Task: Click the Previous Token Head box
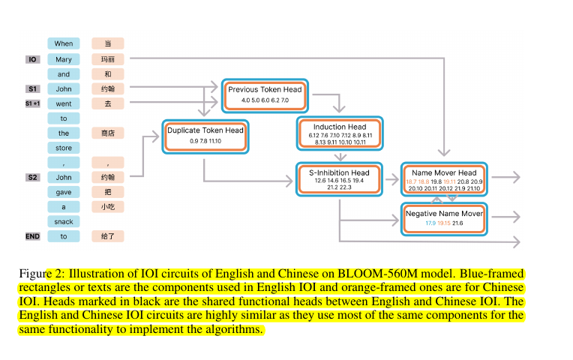(265, 94)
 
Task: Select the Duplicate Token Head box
(205, 135)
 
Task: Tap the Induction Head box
(340, 133)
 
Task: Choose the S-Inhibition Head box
(340, 179)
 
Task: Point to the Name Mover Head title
(444, 173)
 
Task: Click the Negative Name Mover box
(444, 217)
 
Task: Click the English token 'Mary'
(64, 59)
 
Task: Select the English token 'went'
(64, 103)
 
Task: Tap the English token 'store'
(64, 148)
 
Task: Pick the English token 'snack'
(64, 221)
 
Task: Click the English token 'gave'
(64, 192)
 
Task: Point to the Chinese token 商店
(108, 133)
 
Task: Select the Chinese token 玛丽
(108, 59)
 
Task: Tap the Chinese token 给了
(108, 236)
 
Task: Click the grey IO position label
(32, 59)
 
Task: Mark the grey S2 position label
(32, 178)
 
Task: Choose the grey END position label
(32, 236)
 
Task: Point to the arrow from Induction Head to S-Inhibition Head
(340, 156)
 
